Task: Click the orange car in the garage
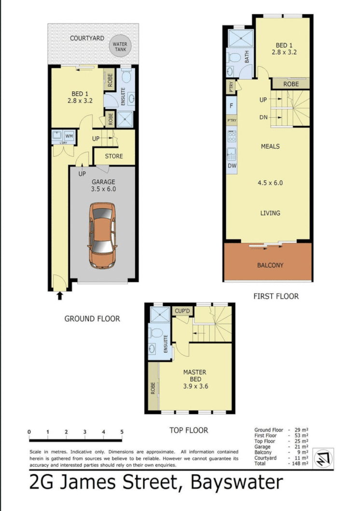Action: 102,235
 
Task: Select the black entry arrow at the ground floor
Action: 59,295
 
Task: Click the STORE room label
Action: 114,156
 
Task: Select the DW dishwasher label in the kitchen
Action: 231,166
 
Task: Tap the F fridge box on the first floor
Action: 231,106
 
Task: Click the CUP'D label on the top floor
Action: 182,311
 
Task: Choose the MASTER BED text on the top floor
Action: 194,376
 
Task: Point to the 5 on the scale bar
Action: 122,432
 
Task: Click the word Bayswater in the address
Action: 237,483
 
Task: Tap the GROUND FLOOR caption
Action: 92,319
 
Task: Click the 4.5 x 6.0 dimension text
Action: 270,183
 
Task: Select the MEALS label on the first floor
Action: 270,146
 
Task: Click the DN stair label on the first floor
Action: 263,117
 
